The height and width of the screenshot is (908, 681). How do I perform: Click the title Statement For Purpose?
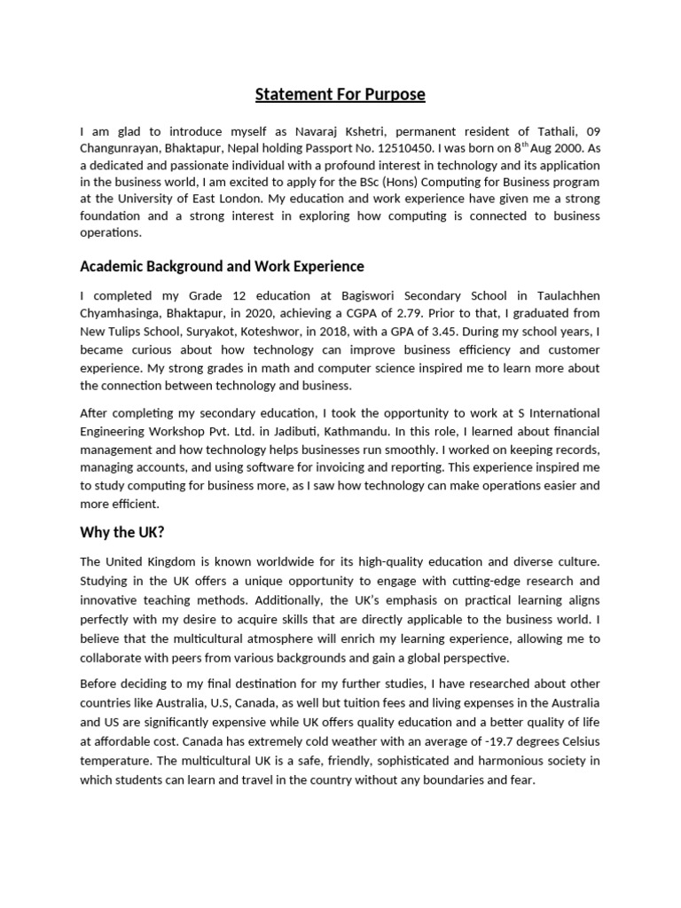[x=340, y=94]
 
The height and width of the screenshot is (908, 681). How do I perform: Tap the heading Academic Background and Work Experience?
[x=222, y=266]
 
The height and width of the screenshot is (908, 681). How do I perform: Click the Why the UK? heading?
[x=121, y=532]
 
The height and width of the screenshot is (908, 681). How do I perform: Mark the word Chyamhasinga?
[x=121, y=313]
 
